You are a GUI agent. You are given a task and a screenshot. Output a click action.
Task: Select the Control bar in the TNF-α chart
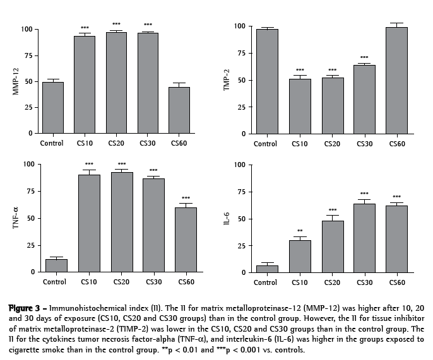[x=56, y=265]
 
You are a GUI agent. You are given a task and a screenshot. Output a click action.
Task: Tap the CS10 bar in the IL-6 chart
[x=299, y=256]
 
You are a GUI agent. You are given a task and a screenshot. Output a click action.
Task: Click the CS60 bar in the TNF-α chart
[x=186, y=240]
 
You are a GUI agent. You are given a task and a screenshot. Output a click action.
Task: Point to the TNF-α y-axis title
[x=16, y=218]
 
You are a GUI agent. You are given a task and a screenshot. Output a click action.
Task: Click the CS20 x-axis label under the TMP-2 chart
[x=332, y=144]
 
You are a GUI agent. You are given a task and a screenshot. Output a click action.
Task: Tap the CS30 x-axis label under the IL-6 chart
[x=365, y=282]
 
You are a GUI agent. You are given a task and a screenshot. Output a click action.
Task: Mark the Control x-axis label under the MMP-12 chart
[x=52, y=143]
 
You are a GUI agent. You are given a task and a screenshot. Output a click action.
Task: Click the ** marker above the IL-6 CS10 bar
[x=299, y=231]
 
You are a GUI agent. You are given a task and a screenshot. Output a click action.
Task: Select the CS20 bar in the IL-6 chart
[x=332, y=247]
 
